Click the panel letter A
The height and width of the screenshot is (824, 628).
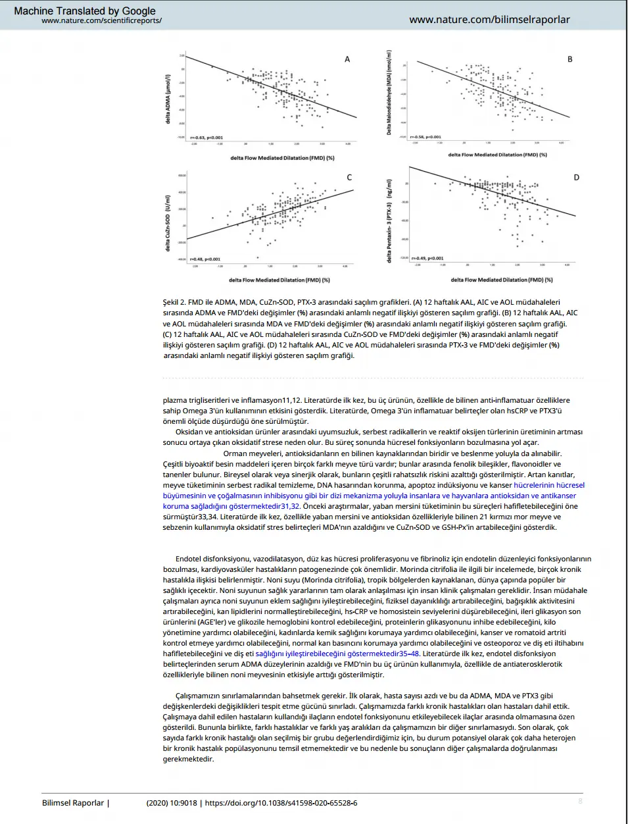347,59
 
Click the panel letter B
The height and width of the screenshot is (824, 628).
570,59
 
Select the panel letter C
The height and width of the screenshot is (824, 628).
349,178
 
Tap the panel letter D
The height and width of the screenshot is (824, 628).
576,178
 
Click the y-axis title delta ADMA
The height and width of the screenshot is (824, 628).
168,99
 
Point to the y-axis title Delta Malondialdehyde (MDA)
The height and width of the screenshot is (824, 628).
389,93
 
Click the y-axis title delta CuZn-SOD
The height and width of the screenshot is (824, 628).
168,222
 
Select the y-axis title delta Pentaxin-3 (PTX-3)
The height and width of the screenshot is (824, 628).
389,221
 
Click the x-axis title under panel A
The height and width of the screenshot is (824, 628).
282,158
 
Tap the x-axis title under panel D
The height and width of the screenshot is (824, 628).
502,280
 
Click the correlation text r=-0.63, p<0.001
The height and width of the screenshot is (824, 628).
206,138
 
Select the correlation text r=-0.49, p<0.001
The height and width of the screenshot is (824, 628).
427,259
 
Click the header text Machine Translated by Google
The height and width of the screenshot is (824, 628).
85,11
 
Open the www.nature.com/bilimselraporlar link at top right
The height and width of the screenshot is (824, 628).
489,20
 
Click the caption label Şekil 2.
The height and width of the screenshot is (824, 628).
174,303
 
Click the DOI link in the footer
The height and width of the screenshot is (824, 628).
281,803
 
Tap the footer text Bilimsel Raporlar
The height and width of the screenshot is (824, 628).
73,803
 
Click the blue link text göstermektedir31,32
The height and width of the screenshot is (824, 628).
264,507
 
